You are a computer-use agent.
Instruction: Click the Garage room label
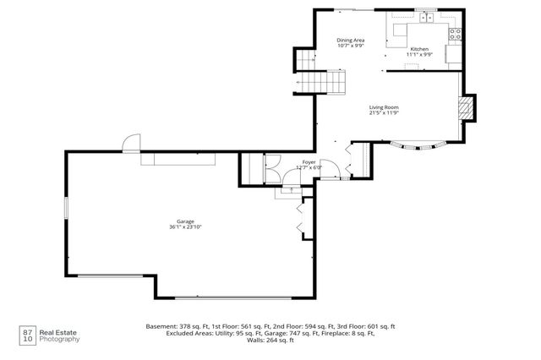(x=185, y=221)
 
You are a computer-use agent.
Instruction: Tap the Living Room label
(x=383, y=107)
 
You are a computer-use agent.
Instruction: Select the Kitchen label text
(x=419, y=50)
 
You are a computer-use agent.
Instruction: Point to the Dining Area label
(x=350, y=40)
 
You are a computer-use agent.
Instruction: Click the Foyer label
(x=311, y=162)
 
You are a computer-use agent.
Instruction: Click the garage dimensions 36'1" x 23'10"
(x=185, y=226)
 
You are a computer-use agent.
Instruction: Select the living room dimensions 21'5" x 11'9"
(x=383, y=113)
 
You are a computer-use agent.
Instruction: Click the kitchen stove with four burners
(x=455, y=34)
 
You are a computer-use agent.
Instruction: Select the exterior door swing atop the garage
(x=130, y=143)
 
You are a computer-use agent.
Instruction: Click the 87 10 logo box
(x=26, y=335)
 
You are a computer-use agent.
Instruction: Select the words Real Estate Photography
(x=62, y=335)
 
